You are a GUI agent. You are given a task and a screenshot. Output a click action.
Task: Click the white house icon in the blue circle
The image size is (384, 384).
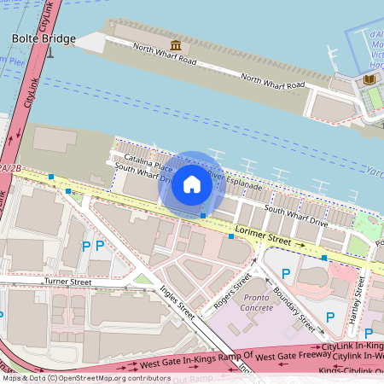click(192, 183)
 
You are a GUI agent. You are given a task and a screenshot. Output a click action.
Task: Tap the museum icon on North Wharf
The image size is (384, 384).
click(176, 45)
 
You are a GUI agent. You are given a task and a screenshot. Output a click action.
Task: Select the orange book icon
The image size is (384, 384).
click(369, 79)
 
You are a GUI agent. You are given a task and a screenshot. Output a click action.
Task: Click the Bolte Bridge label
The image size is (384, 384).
click(44, 38)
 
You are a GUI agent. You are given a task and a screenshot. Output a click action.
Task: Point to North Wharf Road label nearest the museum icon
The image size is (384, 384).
click(164, 58)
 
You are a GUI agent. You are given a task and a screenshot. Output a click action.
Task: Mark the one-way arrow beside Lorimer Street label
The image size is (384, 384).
click(300, 245)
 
